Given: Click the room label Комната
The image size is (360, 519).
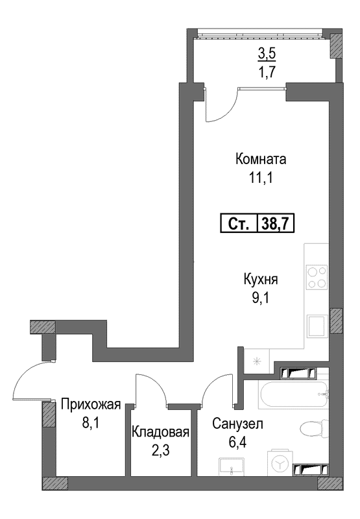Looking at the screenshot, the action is point(261,160).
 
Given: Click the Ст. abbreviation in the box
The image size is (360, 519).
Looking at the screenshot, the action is point(239,224).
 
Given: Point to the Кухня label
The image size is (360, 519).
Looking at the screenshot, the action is point(261,280).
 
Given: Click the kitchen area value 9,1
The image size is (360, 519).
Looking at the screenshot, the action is point(260,298).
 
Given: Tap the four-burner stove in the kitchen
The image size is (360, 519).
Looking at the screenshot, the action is point(317,278).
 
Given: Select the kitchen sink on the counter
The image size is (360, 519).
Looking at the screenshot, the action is point(317,326).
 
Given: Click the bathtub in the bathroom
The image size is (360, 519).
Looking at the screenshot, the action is point(293,394).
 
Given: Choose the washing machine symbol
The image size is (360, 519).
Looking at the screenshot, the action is point(280,463).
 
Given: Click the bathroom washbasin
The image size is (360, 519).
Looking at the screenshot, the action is point(232,467).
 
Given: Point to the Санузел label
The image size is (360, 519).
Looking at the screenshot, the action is point(237,424).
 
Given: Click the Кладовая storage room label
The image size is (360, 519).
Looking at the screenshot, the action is point(160,432).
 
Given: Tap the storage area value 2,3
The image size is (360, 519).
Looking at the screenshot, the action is point(160,450).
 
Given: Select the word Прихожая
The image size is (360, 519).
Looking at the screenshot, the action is point(91,404).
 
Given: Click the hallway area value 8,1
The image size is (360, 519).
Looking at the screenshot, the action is point(90,423).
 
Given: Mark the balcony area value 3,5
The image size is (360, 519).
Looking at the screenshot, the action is point(267,53).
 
